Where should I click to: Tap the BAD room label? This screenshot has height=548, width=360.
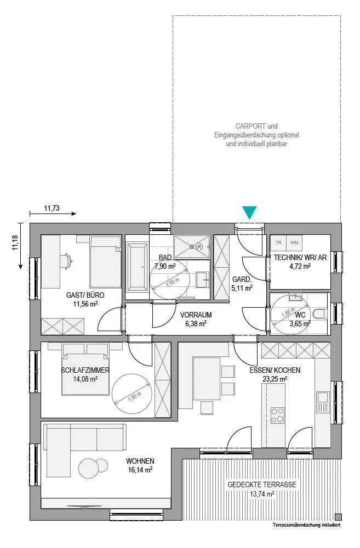pos(165,257)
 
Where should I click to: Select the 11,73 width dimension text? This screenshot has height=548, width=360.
pos(52,208)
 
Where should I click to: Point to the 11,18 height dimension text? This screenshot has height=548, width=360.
pos(15,243)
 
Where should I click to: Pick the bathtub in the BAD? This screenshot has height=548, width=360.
pos(137,267)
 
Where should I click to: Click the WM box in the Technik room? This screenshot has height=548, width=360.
pos(294,242)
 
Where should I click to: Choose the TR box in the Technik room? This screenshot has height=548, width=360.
pos(278,242)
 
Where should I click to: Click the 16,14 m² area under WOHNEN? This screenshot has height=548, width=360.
pos(140,470)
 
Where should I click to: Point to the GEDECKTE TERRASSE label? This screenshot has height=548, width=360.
pos(262,484)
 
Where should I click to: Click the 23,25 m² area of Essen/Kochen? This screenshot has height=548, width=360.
pos(275,379)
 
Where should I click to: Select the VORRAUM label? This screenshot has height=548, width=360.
pos(196,315)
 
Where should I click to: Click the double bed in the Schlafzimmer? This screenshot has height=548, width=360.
pos(85,374)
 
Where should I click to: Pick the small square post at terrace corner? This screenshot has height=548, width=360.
pos(338,517)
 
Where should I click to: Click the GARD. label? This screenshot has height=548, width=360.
pos(242,280)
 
